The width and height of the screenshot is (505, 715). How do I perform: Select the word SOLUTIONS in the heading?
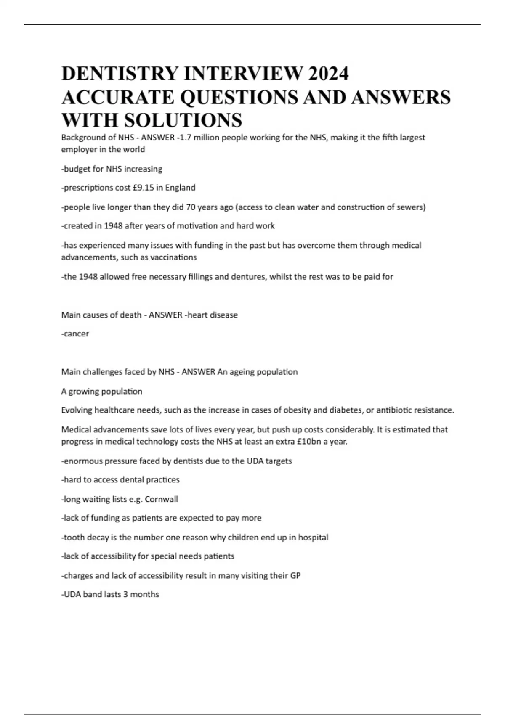point(183,120)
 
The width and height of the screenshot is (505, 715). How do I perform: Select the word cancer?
point(76,334)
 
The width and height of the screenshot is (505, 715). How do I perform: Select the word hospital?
point(313,538)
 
